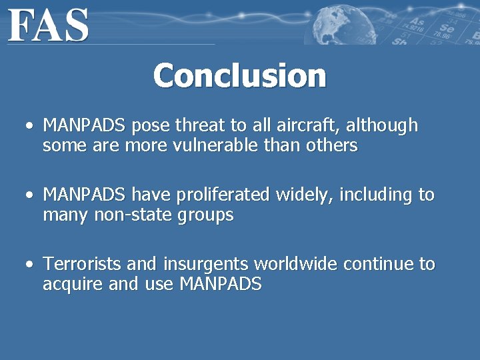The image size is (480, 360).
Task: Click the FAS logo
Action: pos(49,25)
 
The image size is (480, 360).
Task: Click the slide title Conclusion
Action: pos(239,75)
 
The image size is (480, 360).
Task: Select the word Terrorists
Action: pos(73,264)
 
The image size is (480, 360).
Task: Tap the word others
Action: pos(333,145)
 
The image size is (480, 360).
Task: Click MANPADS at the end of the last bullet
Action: pos(220,285)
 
